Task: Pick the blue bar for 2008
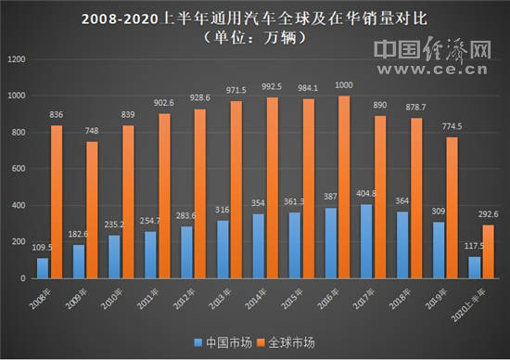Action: pos(43,268)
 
